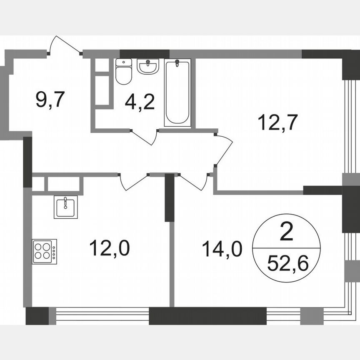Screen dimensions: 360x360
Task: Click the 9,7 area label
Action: [x=50, y=100]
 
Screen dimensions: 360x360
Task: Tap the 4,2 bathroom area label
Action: [x=140, y=101]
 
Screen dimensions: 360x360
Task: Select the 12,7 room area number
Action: [x=272, y=122]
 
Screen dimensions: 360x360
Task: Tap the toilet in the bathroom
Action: [x=124, y=72]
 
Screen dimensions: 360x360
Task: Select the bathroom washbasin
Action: [x=147, y=66]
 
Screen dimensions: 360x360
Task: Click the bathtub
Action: [x=177, y=92]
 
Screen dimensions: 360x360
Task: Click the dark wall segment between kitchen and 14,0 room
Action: [x=169, y=198]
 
